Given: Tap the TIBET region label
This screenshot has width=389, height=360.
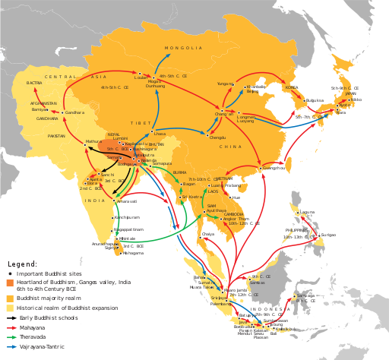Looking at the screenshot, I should (x=141, y=122).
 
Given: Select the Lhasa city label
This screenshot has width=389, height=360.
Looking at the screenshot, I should (x=160, y=134).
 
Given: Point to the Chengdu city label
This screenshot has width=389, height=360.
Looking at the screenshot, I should (x=217, y=137).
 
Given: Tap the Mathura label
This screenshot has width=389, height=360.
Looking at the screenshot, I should (x=93, y=141).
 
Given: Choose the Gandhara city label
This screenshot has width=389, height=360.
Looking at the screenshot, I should (x=75, y=112).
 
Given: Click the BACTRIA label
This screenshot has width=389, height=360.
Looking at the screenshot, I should (x=34, y=83).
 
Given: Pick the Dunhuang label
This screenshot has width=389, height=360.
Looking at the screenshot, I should (x=155, y=86).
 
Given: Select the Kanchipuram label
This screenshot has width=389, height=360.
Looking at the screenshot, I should (x=127, y=217).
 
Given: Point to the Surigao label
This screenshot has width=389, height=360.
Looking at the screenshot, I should (x=327, y=235).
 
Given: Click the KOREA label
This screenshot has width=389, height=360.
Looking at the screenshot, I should (x=292, y=87).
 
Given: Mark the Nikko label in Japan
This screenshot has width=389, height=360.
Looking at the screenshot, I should (x=356, y=99).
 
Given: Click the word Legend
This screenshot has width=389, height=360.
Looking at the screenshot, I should (x=22, y=264).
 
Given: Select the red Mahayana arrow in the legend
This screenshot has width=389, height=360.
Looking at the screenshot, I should (x=11, y=328).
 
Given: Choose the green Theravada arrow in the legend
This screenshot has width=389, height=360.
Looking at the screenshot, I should (x=11, y=337).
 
